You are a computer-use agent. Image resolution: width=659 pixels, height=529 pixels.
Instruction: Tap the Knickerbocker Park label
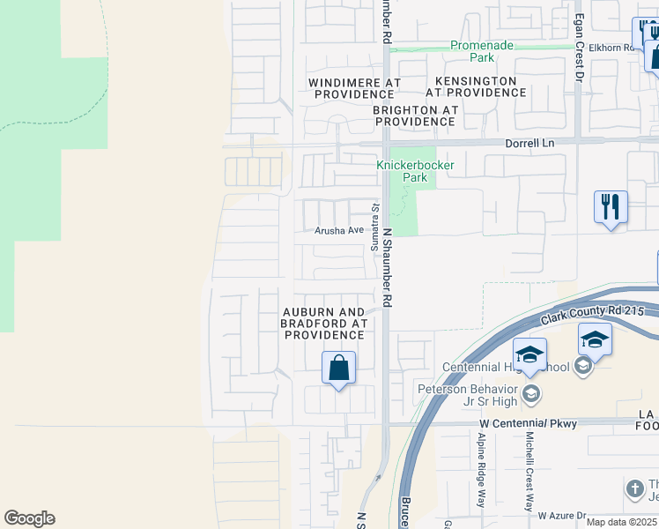click(x=402, y=171)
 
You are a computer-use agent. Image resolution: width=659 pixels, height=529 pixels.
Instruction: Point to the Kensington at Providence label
click(x=476, y=86)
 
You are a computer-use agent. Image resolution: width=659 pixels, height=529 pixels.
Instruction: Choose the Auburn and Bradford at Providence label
click(x=322, y=324)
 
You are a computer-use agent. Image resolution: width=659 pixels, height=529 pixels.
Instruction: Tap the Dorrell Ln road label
click(x=529, y=142)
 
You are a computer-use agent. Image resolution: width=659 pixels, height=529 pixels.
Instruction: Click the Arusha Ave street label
click(x=339, y=230)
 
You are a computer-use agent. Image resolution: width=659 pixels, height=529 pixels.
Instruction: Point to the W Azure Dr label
click(x=562, y=515)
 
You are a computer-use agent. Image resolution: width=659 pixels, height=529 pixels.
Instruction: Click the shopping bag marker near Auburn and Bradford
click(x=339, y=369)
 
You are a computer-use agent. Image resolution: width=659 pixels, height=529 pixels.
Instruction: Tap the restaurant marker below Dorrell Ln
click(x=611, y=209)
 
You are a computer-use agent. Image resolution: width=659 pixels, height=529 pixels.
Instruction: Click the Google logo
click(x=29, y=518)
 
